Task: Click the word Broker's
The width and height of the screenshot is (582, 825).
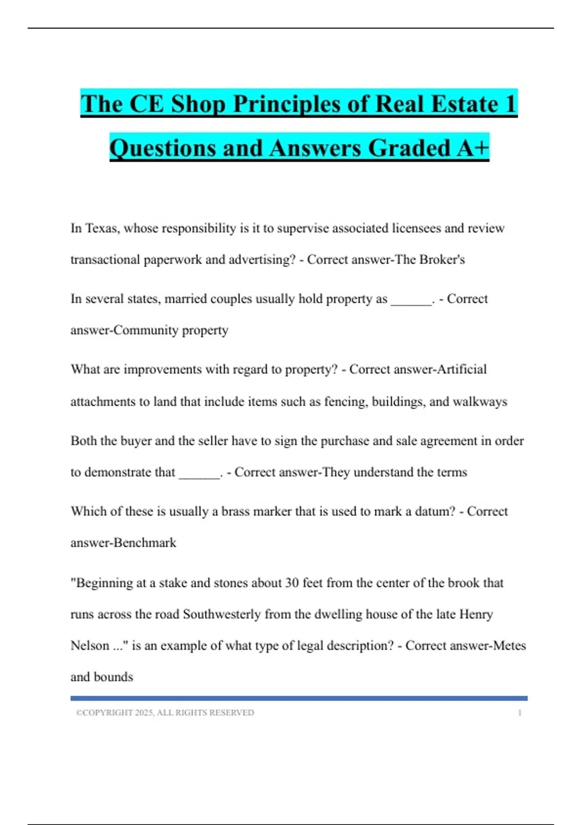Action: click(x=442, y=260)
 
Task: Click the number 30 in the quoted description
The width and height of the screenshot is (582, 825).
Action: click(x=291, y=582)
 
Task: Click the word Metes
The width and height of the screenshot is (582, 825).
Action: click(x=509, y=646)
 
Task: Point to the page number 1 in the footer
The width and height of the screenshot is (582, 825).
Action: click(x=519, y=713)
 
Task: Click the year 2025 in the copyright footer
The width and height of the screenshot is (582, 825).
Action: click(x=144, y=713)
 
